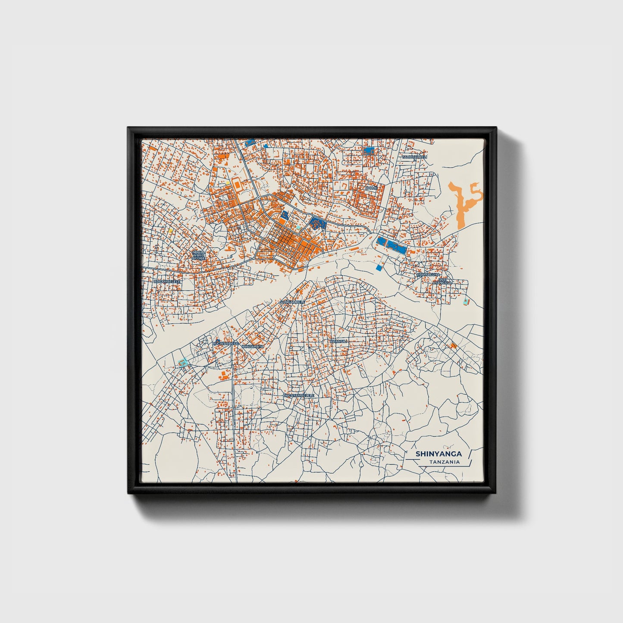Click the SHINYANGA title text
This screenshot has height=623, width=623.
[x=438, y=454]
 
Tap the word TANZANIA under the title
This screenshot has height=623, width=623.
[x=444, y=462]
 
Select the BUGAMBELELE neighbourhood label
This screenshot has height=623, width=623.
[x=167, y=281]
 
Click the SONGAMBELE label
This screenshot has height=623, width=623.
[x=292, y=302]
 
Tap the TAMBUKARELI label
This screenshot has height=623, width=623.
[x=414, y=157]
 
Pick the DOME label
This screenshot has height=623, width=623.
[x=371, y=188]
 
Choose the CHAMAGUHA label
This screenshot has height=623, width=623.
[x=428, y=274]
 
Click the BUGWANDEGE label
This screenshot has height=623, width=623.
[x=225, y=343]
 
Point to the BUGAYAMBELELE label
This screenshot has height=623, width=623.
[x=299, y=395]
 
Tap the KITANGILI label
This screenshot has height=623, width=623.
[x=338, y=341]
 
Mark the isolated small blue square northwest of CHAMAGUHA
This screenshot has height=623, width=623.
[x=379, y=268]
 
